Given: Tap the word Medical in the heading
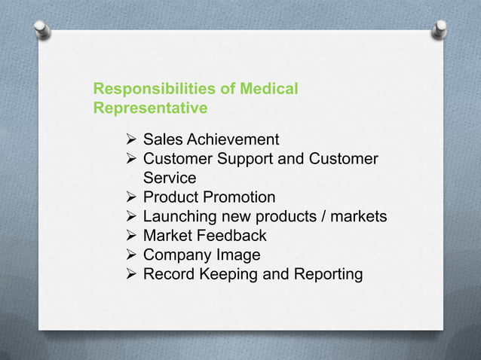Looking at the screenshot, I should click(x=268, y=90).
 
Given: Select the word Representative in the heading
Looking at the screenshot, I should click(x=150, y=108).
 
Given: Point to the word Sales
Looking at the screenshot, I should click(x=163, y=139).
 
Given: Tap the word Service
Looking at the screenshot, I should click(x=170, y=178).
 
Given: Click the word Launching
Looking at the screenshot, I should click(x=178, y=217).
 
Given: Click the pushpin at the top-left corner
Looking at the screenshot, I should click(x=43, y=31).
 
